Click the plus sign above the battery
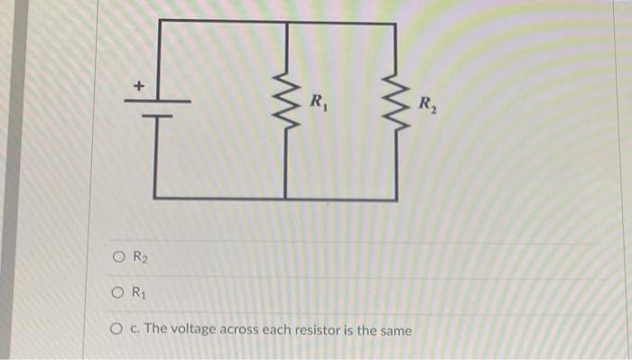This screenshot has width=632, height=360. point(138,87)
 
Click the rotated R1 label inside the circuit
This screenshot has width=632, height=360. point(318,101)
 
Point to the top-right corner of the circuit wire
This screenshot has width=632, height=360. point(394,22)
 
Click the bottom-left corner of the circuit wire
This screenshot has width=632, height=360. point(156,196)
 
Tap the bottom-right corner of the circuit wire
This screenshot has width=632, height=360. point(394,197)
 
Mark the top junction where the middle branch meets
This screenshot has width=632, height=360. point(286,22)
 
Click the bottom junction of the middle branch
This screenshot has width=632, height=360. point(286,197)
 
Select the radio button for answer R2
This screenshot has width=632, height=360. point(119,256)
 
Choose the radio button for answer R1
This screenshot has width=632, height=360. point(119,292)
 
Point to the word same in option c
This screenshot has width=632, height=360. point(394,330)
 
